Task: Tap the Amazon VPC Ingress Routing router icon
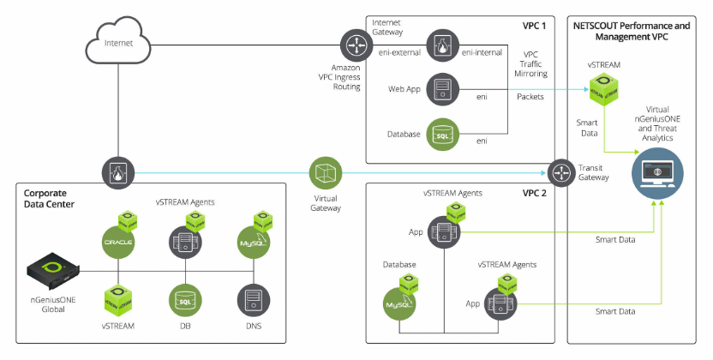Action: pos(354,44)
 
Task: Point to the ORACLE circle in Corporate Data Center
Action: pos(119,243)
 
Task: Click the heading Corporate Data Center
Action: pos(51,200)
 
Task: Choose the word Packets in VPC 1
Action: pos(530,97)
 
